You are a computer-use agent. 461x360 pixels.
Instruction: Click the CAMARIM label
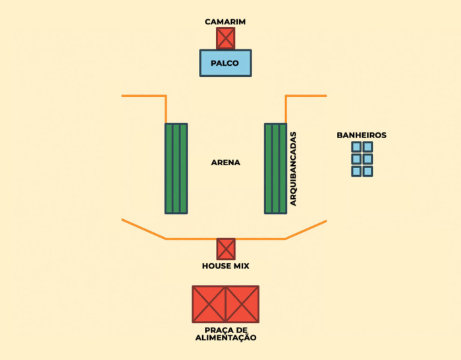point(225,22)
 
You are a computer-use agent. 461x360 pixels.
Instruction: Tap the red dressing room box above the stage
point(225,38)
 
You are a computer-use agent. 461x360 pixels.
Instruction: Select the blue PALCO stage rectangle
point(225,63)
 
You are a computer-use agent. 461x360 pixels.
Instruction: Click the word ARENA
point(225,163)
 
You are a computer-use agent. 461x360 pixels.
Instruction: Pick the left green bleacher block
point(176,168)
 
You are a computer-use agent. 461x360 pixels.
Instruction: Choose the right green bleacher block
point(275,168)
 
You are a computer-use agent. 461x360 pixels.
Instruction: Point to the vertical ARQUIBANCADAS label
point(294,169)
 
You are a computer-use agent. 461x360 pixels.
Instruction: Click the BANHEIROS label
point(362,135)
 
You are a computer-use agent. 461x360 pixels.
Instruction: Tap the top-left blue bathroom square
point(356,147)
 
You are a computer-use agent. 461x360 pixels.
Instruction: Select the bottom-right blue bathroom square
point(367,171)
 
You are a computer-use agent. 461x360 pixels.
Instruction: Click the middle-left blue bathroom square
point(356,159)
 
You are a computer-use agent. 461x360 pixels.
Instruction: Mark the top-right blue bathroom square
point(367,147)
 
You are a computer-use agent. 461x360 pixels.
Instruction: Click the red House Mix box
point(226,249)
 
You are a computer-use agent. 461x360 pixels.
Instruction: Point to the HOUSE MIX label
point(225,266)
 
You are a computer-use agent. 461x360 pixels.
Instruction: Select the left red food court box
point(209,304)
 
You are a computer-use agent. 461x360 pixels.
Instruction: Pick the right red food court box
point(242,304)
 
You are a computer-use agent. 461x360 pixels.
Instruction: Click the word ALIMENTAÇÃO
point(225,338)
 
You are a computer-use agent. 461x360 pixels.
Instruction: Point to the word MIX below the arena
point(240,266)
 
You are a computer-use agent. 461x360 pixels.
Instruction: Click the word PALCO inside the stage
point(225,64)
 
